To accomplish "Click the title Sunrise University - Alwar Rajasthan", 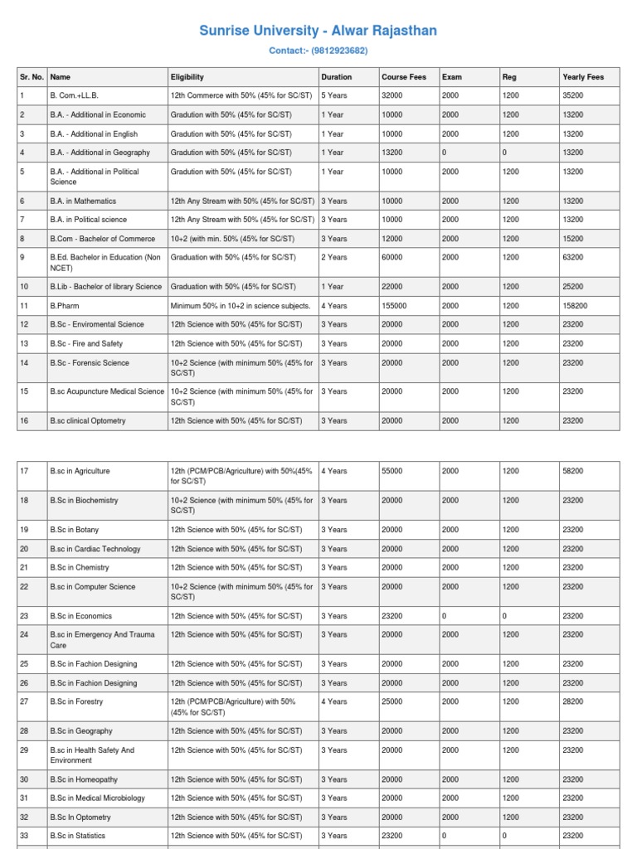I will (x=318, y=32).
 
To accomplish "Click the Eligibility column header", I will (x=187, y=77).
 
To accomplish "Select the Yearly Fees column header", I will (x=583, y=77).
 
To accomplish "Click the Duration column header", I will (x=336, y=77).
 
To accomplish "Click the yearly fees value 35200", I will (x=573, y=96).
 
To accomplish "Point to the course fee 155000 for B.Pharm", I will (x=394, y=306).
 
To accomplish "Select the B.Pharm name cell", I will (x=65, y=306).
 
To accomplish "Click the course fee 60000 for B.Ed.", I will (x=392, y=258).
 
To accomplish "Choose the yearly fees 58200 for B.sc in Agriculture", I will (x=573, y=471).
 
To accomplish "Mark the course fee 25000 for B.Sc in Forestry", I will (x=392, y=701).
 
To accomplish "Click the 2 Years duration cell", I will (x=334, y=258).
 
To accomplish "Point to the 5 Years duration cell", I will (x=334, y=96).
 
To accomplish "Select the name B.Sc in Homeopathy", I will (x=84, y=779).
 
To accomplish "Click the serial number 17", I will (x=24, y=471).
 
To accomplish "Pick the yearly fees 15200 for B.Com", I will (x=573, y=239).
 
